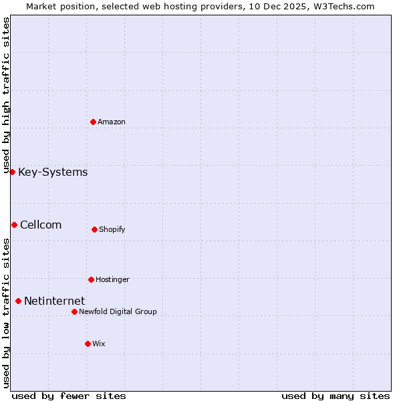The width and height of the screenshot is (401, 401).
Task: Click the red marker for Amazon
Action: [x=93, y=122]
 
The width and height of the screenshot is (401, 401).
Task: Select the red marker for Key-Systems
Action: [x=12, y=172]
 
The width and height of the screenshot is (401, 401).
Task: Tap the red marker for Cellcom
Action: [x=14, y=225]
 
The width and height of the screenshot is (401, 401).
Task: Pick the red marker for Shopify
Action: [x=94, y=229]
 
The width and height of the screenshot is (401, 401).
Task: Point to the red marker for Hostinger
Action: [x=91, y=279]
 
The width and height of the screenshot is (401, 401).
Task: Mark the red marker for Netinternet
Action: [x=18, y=301]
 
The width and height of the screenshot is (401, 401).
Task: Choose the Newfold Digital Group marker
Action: [x=74, y=311]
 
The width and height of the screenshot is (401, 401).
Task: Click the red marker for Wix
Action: [x=88, y=344]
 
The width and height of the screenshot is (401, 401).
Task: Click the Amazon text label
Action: [x=112, y=122]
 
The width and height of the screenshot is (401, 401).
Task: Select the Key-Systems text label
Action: [x=53, y=172]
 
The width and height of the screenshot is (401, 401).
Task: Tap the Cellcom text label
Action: [x=41, y=225]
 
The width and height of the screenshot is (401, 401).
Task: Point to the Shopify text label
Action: [x=112, y=230]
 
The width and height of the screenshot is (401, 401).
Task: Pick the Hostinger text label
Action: [x=112, y=279]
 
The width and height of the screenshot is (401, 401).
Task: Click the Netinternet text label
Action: [x=54, y=301]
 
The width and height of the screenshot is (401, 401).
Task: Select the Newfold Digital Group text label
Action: [x=118, y=311]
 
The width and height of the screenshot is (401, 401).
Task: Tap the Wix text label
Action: [x=99, y=344]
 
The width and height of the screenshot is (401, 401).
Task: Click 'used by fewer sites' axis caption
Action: [x=69, y=396]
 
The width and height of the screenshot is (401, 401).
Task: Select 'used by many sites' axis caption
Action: [x=336, y=396]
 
